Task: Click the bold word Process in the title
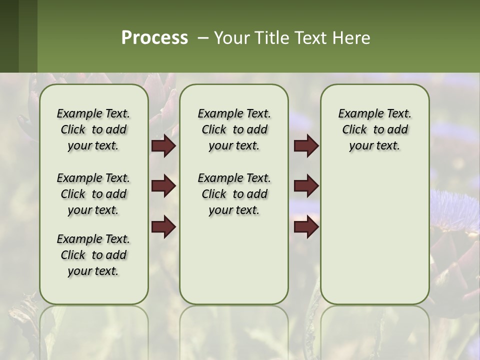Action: (154, 37)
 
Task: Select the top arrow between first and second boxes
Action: (163, 145)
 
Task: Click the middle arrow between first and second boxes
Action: (163, 186)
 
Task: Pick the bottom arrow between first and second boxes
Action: (163, 227)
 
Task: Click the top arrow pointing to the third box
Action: (306, 145)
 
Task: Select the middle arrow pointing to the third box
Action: (306, 186)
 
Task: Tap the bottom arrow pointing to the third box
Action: (306, 227)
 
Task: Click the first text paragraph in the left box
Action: (93, 129)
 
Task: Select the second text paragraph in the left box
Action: (93, 194)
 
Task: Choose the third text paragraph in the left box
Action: (93, 255)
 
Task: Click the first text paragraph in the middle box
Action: (234, 129)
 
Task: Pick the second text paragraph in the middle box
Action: (234, 194)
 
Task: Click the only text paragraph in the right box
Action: (374, 129)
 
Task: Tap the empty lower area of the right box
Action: (374, 240)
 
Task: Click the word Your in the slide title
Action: (231, 38)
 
